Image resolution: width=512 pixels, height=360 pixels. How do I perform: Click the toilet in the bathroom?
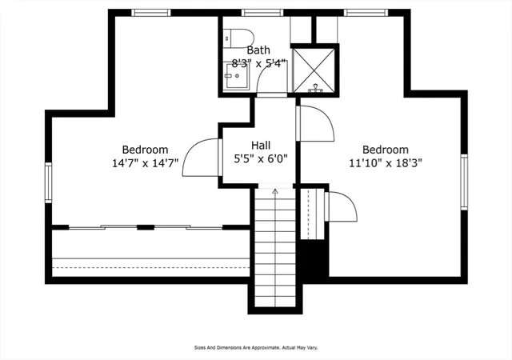[x=238, y=38]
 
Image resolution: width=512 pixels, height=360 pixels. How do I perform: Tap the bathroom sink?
[x=237, y=76]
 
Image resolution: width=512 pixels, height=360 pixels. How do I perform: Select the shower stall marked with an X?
[x=314, y=70]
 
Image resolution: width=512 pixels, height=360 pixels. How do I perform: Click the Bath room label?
[x=258, y=50]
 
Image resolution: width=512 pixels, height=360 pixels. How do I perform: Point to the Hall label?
[x=261, y=145]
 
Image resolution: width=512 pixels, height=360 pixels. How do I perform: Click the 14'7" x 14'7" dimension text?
[x=146, y=162]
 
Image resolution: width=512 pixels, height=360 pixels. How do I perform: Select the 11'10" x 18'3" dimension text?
[x=386, y=162]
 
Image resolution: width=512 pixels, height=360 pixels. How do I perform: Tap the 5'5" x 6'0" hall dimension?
[x=261, y=158]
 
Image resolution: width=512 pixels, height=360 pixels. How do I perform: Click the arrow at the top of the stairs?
[x=275, y=191]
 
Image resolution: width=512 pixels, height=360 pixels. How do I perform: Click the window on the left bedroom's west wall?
[x=48, y=182]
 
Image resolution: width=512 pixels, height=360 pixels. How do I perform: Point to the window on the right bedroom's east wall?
[x=464, y=182]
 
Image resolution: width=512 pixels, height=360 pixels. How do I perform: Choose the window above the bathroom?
[x=262, y=13]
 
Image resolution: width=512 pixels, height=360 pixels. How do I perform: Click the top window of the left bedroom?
[x=151, y=13]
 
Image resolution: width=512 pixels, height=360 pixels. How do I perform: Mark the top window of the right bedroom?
[x=366, y=13]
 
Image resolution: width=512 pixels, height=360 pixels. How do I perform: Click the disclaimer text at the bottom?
[x=256, y=348]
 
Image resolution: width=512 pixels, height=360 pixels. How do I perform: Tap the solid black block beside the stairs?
[x=314, y=258]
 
